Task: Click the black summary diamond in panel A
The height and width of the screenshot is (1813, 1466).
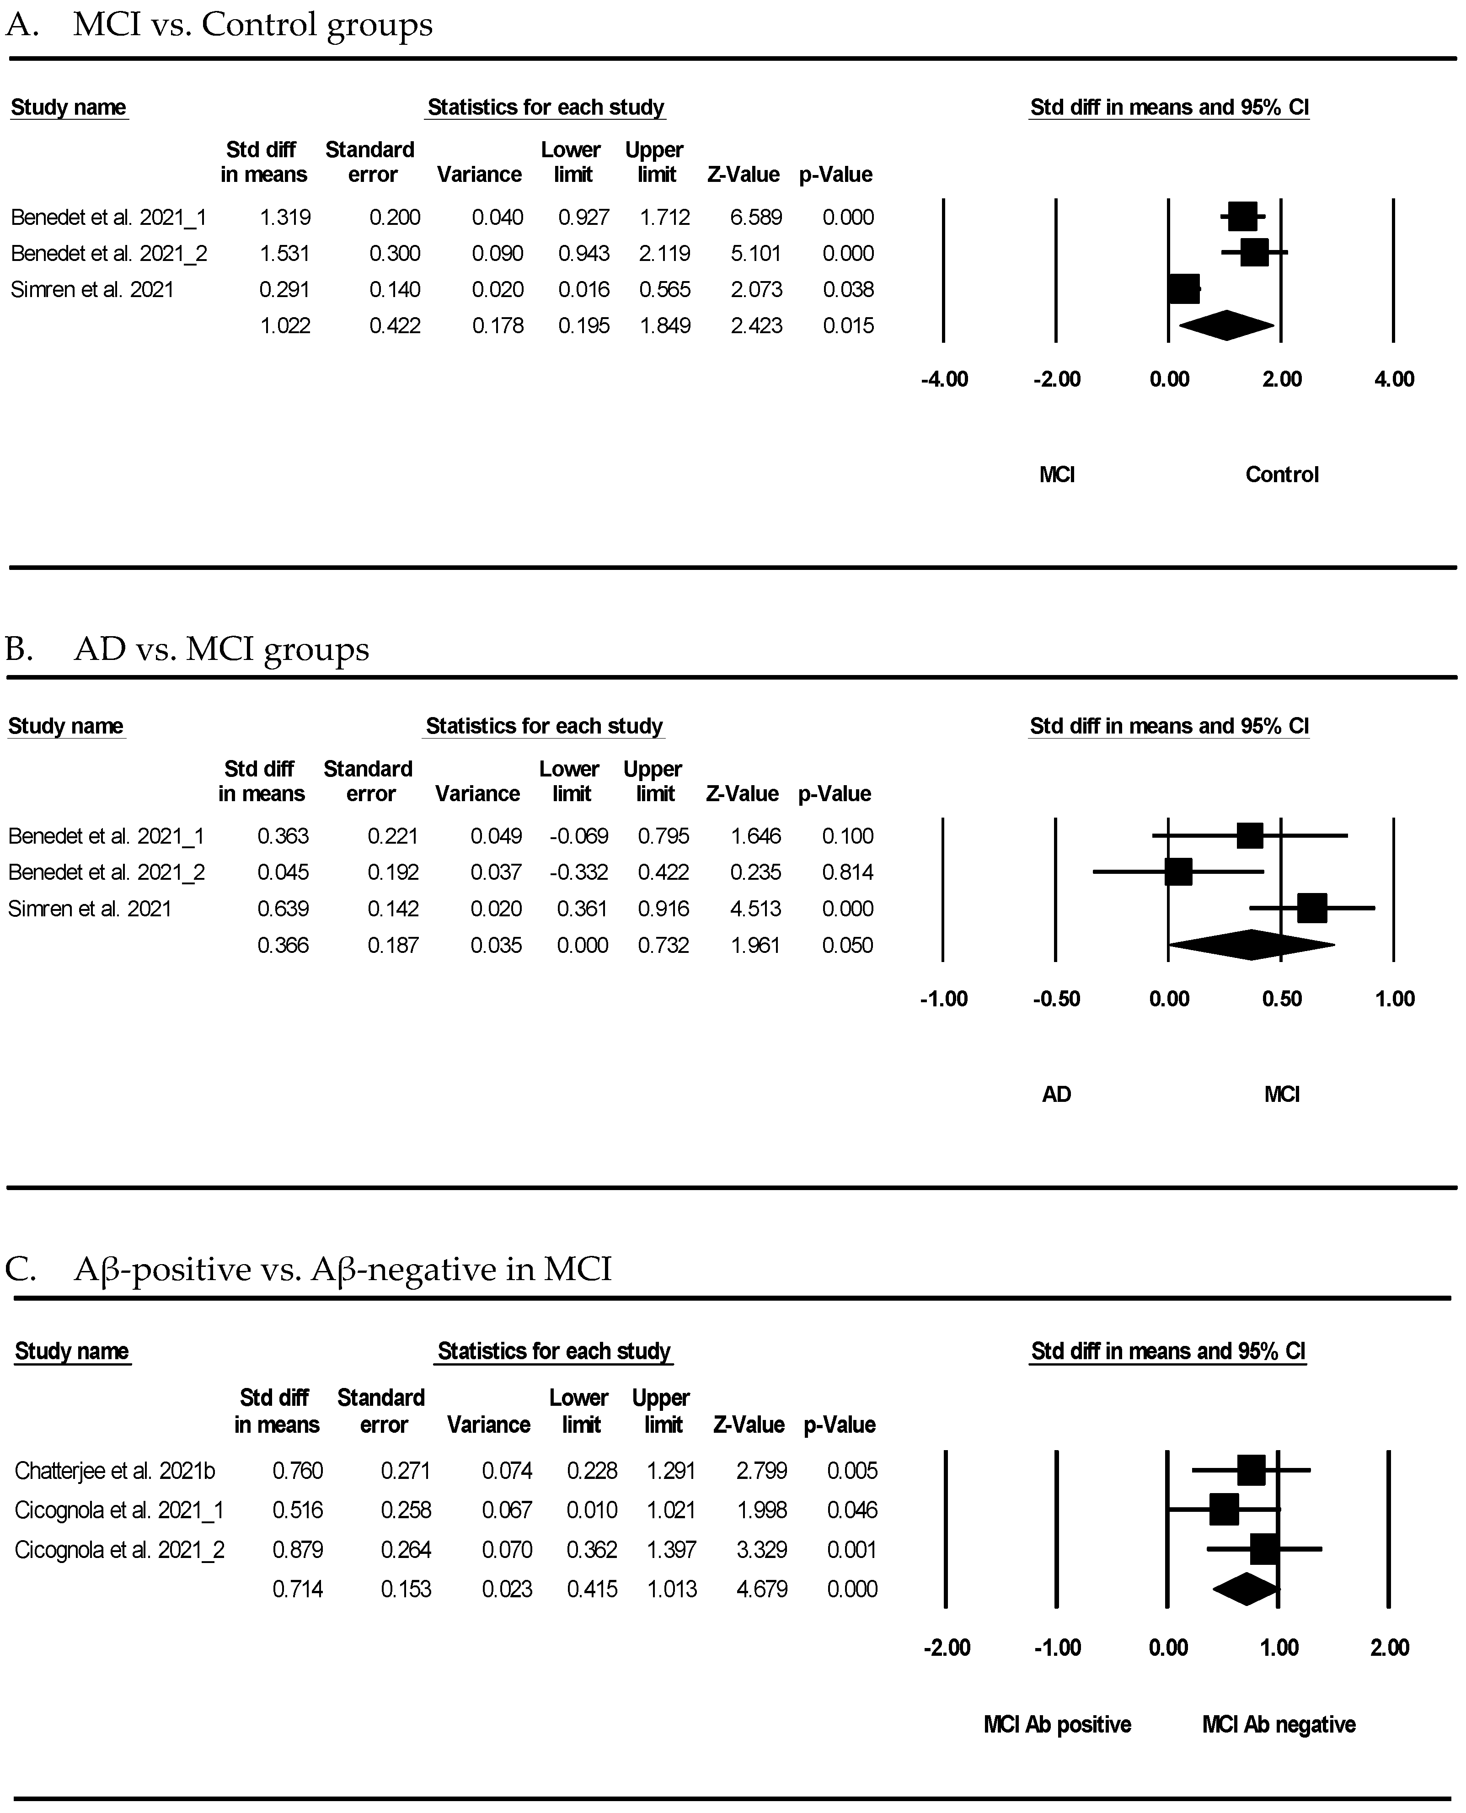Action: tap(1226, 326)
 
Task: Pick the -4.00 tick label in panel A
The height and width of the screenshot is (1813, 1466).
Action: tap(944, 379)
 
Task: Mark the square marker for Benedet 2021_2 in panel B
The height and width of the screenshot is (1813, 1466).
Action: tap(1178, 872)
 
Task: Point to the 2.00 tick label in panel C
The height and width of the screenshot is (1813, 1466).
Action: tap(1389, 1648)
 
